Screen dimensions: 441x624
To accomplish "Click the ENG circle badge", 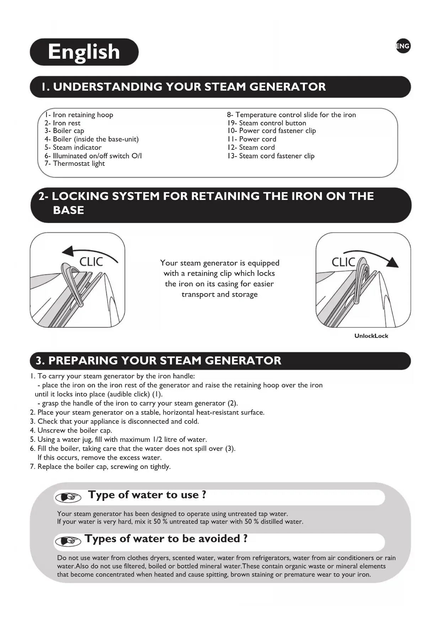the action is point(403,46).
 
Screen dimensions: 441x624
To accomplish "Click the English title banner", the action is point(84,52).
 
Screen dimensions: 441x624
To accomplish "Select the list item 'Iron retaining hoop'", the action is point(79,115).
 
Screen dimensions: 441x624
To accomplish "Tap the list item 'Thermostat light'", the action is point(75,164).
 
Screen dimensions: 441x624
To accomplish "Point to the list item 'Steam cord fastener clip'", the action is point(271,156).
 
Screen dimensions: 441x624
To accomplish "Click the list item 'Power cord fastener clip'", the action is point(271,131).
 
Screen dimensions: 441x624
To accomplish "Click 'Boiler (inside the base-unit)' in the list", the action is point(92,139).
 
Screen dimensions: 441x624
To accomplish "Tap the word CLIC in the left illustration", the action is point(91,262).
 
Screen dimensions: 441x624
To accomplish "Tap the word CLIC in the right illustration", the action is point(343,262).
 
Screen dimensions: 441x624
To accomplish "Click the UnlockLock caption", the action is point(371,336).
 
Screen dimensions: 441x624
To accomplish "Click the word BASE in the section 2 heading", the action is point(69,210).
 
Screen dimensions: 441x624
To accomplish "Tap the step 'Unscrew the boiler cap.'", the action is point(75,430).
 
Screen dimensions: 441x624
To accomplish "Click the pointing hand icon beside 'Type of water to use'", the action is point(68,497).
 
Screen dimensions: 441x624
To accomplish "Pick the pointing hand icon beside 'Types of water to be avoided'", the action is point(68,541).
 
